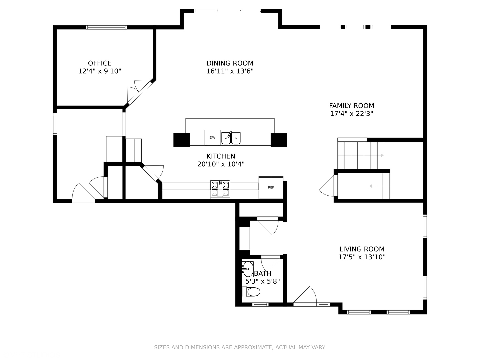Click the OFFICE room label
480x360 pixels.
tap(99, 63)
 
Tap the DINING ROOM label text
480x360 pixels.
tap(230, 63)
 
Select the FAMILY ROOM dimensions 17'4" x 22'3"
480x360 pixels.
tap(351, 114)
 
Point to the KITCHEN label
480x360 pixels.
tap(221, 156)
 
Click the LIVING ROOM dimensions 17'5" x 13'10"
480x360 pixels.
tap(362, 257)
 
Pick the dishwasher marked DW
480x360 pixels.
tap(212, 137)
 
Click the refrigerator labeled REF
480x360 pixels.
tap(271, 188)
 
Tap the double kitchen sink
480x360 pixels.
tap(231, 138)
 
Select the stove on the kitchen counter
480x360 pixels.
tap(220, 189)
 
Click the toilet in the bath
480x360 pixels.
tap(251, 292)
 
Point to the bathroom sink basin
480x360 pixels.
tap(248, 269)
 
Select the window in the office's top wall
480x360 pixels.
tap(106, 27)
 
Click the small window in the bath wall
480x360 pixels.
tap(260, 304)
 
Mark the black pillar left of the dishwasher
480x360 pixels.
tap(182, 140)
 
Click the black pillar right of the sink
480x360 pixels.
tap(279, 140)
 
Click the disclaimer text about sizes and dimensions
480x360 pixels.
tap(240, 347)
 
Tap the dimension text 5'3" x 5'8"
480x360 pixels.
tap(262, 281)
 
